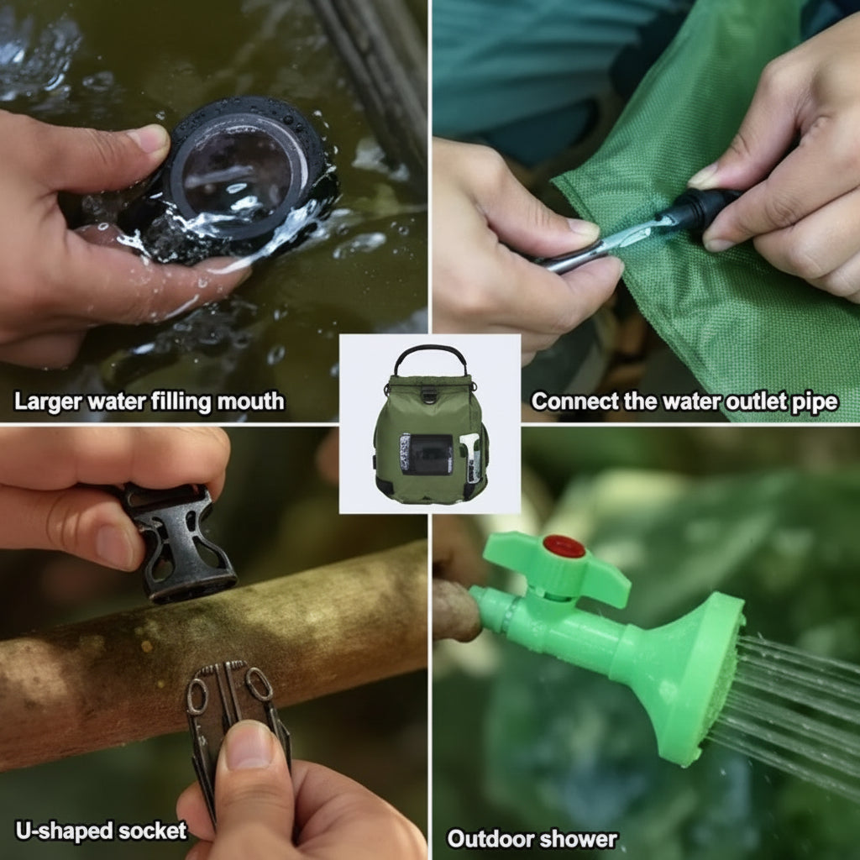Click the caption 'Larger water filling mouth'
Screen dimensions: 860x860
click(149, 401)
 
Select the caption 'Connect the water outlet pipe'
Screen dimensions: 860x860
click(684, 401)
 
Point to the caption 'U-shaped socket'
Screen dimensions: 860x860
click(101, 831)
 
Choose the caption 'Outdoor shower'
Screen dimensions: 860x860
click(532, 838)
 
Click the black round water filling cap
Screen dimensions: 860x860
click(244, 168)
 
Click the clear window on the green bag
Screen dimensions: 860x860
click(426, 454)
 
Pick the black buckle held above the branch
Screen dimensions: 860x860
click(179, 542)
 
